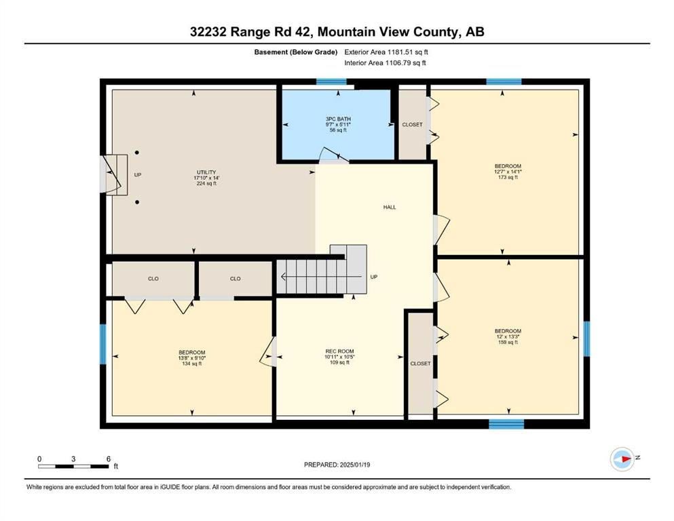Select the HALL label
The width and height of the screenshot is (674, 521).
coord(390,207)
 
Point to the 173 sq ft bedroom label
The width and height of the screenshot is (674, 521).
coord(508,172)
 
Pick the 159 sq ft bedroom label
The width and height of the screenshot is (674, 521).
coord(508,336)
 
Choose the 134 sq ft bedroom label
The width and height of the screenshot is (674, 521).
coord(191,358)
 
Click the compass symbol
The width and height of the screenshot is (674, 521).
coord(622,459)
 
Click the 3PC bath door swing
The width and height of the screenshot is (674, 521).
coord(334,155)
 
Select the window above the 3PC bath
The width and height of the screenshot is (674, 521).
coord(331,81)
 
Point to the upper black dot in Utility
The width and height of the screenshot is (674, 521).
coord(136,153)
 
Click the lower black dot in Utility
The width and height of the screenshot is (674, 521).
coord(137,202)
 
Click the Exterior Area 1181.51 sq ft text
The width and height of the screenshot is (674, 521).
coord(386,52)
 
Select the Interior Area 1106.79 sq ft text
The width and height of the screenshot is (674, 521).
coord(385,62)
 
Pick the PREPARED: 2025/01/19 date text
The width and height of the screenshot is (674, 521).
coord(337,465)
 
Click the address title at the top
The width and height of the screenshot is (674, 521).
coord(337,32)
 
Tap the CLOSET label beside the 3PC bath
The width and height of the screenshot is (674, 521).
coord(412,125)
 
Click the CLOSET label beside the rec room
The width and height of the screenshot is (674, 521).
coord(420,364)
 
